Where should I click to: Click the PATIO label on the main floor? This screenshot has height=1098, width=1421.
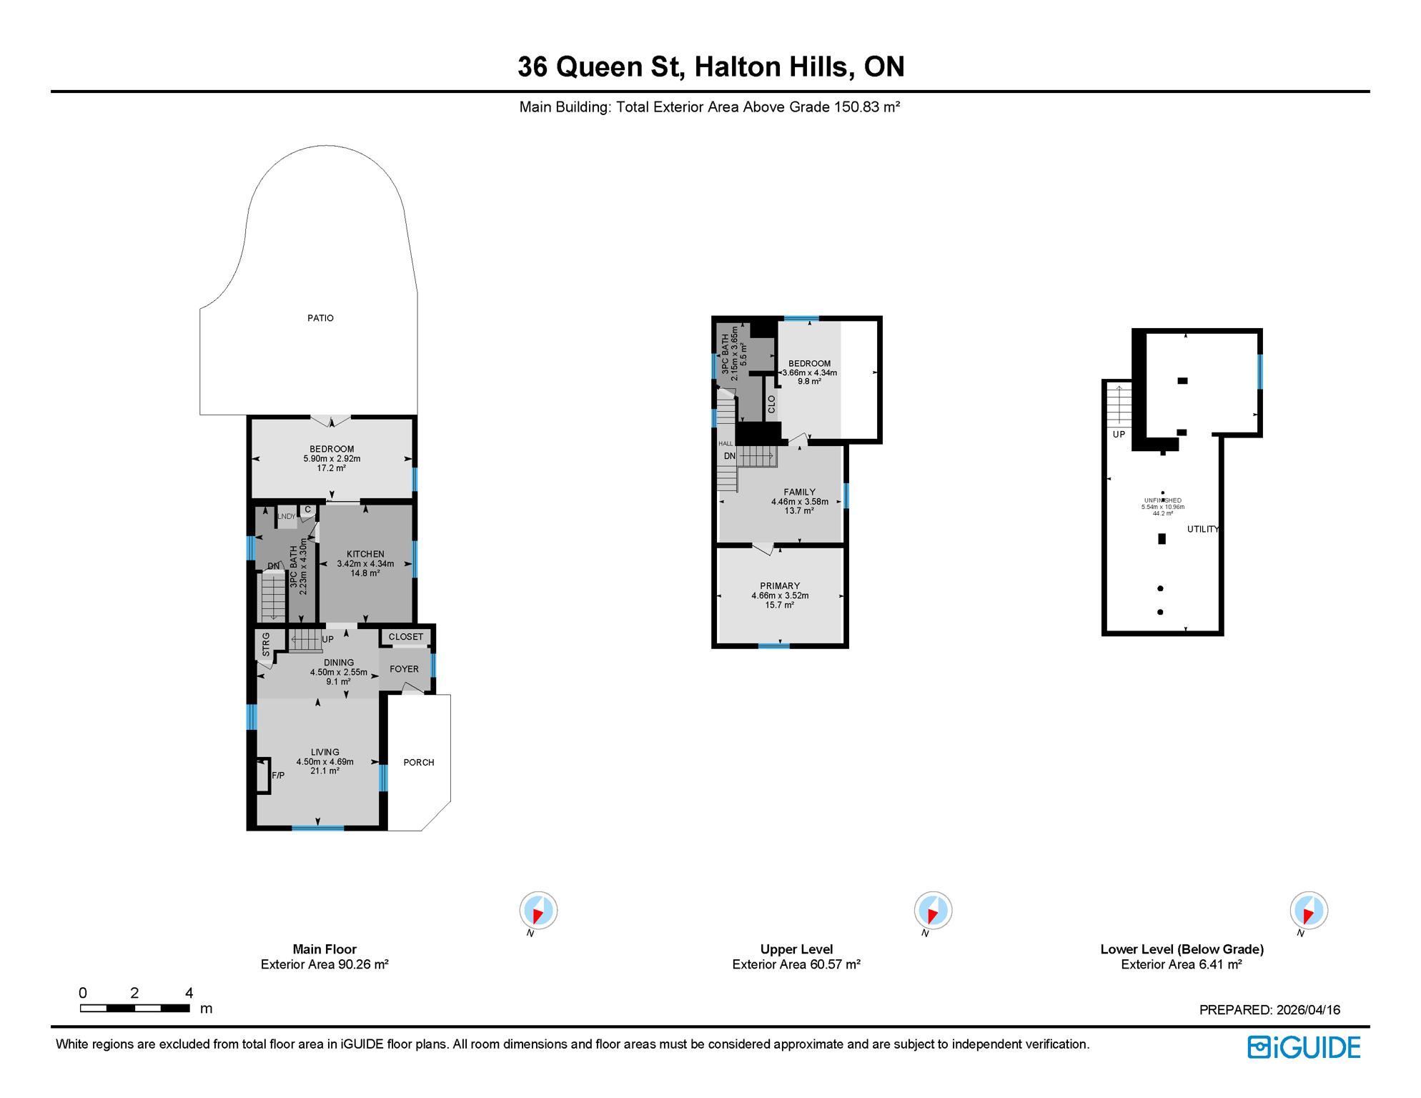coord(320,318)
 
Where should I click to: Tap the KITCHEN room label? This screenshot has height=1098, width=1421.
coord(365,554)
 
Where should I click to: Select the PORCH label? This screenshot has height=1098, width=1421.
coord(418,763)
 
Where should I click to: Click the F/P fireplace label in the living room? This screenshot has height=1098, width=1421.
coord(278,776)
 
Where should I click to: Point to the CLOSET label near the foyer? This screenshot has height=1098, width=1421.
coord(405,637)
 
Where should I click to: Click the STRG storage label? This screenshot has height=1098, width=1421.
coord(266,644)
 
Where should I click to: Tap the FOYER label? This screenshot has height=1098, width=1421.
coord(404,669)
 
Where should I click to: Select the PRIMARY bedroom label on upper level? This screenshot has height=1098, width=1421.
coord(780,586)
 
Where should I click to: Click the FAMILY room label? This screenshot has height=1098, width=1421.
coord(799,492)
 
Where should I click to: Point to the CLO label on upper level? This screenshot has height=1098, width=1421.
coord(771,405)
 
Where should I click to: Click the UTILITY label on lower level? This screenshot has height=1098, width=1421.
coord(1203,530)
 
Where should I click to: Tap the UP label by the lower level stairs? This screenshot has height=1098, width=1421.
coord(1119,435)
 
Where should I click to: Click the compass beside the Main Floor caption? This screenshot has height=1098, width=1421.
coord(538,911)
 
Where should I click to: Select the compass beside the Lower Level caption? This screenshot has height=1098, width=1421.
coord(1308,911)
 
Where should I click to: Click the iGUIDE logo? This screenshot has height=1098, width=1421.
coord(1304,1047)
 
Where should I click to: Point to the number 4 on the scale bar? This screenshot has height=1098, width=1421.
coord(189,993)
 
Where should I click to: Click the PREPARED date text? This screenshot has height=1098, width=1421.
coord(1269,1010)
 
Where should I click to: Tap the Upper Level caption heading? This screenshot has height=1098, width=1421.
coord(796,949)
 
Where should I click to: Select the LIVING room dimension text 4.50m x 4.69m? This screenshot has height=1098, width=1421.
coord(325,762)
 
